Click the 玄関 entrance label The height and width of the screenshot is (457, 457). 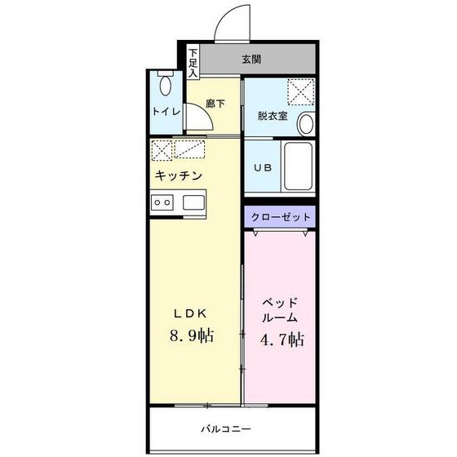tap(251, 60)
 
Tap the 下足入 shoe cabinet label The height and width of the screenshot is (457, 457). tap(193, 63)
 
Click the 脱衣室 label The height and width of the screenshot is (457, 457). tap(272, 116)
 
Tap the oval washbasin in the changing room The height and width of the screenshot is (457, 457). tap(306, 123)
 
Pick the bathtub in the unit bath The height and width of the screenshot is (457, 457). tap(299, 167)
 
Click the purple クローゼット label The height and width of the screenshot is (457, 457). tap(280, 217)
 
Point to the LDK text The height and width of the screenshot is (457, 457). tap(193, 313)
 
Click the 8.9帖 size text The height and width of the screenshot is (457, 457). tap(193, 335)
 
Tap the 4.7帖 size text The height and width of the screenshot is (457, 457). tap(282, 339)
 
